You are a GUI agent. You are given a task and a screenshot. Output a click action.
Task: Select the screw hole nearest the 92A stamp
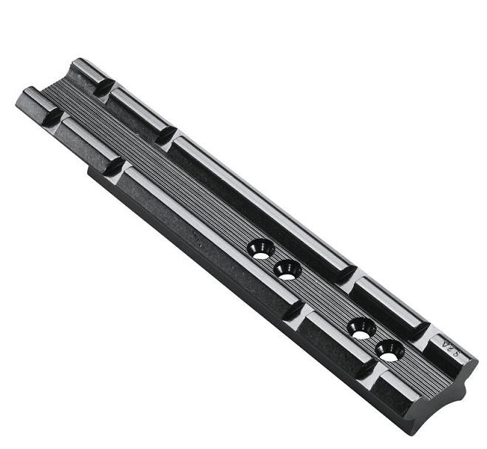[389, 350]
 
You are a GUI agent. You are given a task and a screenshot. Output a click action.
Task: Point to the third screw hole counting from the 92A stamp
[287, 269]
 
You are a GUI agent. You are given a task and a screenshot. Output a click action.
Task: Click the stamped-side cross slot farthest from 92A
[104, 87]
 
